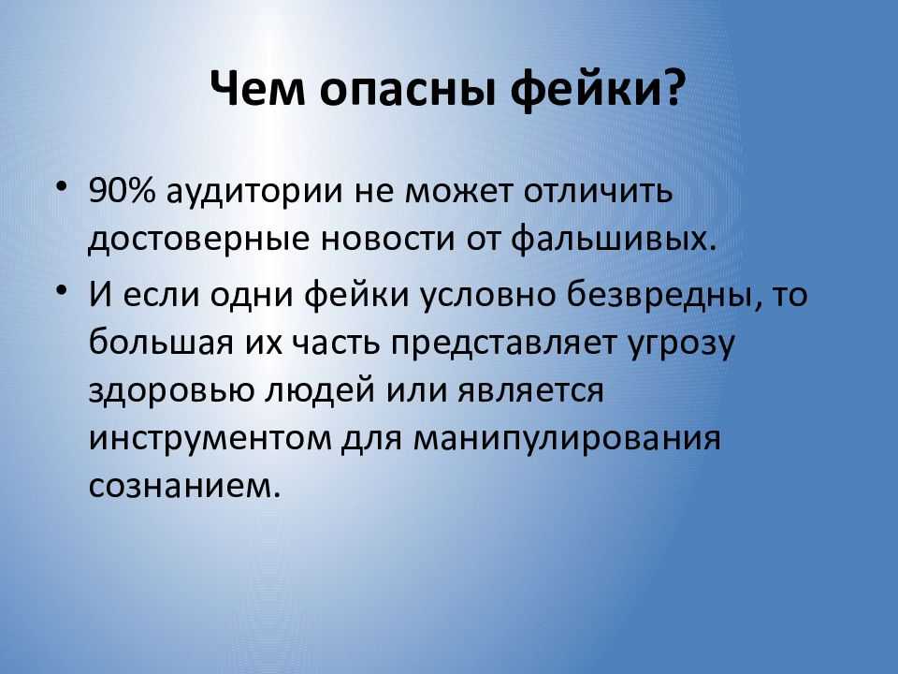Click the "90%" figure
click(x=122, y=190)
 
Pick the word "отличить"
click(x=598, y=191)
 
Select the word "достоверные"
click(x=198, y=241)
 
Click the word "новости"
click(x=387, y=241)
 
